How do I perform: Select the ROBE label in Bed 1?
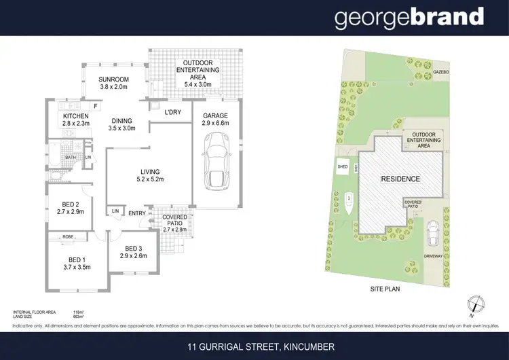tap(67, 237)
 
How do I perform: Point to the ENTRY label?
tap(136, 213)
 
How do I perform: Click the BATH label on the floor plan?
tap(70, 158)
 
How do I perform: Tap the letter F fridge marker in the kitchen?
tap(95, 106)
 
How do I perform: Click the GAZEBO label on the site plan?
tap(442, 71)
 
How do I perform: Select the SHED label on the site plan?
tap(343, 166)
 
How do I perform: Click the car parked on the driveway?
tap(432, 235)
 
